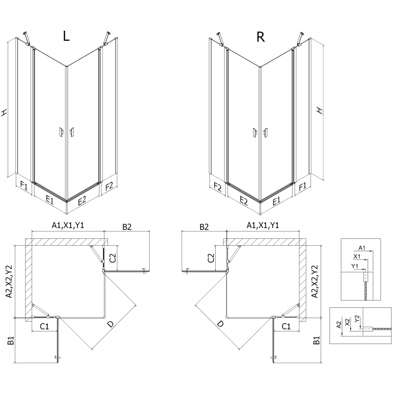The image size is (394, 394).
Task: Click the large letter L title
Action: (x=67, y=36)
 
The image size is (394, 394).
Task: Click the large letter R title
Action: (x=261, y=36)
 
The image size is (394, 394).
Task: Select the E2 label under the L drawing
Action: (x=82, y=199)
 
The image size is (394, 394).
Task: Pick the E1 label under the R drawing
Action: (x=276, y=199)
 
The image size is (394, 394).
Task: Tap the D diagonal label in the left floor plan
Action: (x=111, y=324)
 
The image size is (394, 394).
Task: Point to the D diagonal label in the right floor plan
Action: (x=220, y=324)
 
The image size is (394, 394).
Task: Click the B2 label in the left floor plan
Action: (x=127, y=227)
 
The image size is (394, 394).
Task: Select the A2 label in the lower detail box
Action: (x=339, y=324)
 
